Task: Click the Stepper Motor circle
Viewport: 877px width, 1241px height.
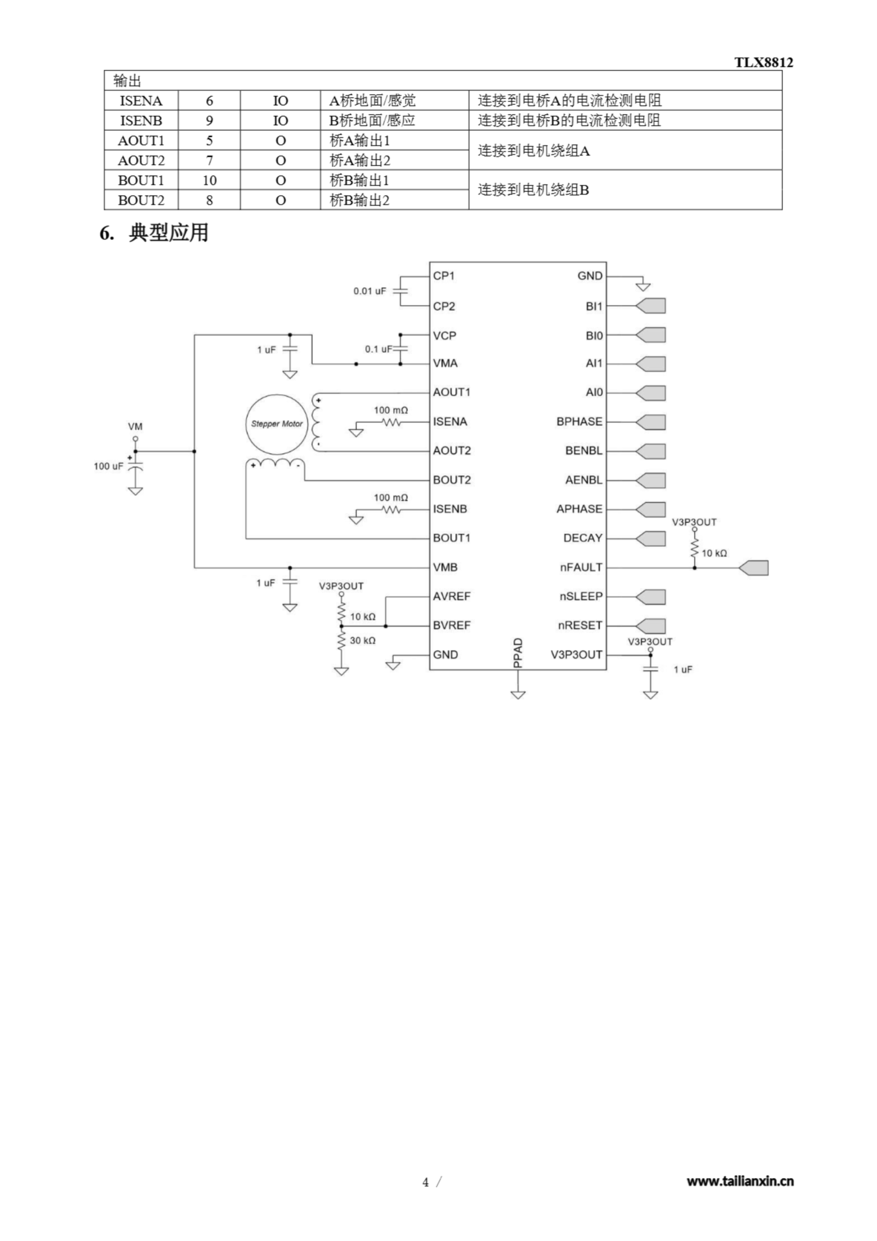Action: (277, 424)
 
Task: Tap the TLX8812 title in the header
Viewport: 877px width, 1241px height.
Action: (763, 62)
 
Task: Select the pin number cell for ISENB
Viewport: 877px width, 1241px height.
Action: (209, 121)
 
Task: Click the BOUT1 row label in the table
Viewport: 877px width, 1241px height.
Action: (141, 180)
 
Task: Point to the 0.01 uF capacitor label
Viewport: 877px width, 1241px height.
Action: (370, 291)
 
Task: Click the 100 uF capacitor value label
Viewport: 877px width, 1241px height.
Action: (109, 466)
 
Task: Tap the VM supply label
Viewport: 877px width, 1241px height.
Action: (135, 427)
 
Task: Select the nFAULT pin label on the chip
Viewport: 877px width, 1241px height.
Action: (581, 568)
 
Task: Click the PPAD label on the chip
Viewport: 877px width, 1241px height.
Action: (517, 653)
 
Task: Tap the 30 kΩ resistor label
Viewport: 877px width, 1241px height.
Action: (362, 640)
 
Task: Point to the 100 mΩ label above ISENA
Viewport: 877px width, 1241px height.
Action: (391, 410)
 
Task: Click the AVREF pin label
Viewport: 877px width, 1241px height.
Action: (452, 596)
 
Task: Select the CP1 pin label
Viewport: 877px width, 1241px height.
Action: (444, 276)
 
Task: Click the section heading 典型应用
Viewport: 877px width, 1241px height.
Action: (169, 233)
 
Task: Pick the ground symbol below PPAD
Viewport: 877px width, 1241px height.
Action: (517, 694)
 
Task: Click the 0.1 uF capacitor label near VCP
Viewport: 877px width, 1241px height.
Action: (378, 349)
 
